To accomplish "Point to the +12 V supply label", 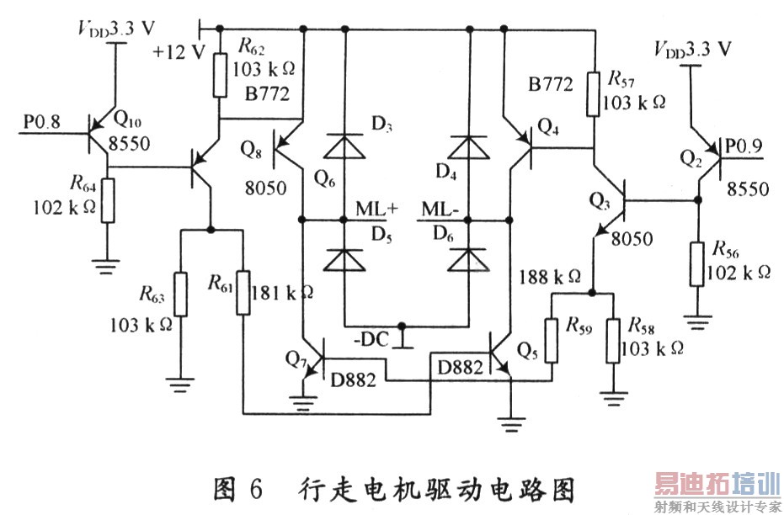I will [x=179, y=52].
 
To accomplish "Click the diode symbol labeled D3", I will [x=344, y=146].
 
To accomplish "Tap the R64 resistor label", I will [x=83, y=183].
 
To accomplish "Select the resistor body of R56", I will [x=697, y=264].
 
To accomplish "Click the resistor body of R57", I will [x=594, y=93].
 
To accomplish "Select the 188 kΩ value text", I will [x=550, y=275].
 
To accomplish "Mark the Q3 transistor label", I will [x=600, y=200].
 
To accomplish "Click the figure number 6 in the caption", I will [x=254, y=487].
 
